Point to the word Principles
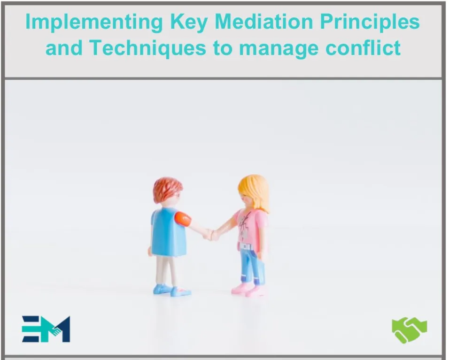coord(376,23)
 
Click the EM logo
coord(46,329)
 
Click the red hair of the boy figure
coord(167,189)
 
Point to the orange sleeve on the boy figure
coord(183,218)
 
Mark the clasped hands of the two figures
coord(211,234)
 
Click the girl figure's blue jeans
coord(251,265)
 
